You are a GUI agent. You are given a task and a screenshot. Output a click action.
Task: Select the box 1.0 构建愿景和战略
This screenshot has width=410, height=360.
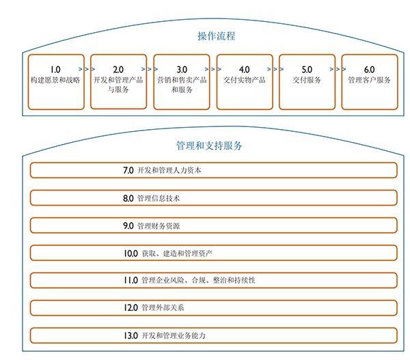(56, 81)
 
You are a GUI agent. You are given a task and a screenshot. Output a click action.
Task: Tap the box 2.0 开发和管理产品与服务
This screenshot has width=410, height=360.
(118, 81)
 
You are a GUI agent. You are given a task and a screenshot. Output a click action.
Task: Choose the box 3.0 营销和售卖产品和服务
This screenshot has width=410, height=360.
(181, 81)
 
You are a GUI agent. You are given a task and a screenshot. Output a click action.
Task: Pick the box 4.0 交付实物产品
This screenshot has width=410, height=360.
(244, 81)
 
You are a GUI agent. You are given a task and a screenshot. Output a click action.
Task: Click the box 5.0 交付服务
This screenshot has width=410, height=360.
(307, 81)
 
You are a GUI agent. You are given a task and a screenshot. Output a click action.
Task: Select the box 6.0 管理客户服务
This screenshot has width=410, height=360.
(369, 81)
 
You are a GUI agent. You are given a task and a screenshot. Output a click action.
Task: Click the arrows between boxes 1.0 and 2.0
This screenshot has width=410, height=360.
(87, 69)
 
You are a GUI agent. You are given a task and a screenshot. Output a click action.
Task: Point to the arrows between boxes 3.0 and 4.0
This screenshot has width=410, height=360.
(213, 69)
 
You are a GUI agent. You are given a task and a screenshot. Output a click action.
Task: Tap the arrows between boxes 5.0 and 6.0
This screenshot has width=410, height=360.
(338, 69)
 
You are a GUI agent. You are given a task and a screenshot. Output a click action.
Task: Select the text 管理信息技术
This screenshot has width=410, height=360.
(159, 199)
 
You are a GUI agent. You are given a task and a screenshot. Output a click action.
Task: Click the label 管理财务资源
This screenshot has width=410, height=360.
(159, 226)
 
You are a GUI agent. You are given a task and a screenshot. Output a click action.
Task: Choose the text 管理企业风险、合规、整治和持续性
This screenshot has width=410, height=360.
(198, 281)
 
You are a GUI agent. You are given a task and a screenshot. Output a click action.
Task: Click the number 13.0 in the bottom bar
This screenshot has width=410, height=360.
(131, 335)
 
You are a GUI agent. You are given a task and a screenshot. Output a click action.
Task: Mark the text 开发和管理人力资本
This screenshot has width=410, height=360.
(169, 171)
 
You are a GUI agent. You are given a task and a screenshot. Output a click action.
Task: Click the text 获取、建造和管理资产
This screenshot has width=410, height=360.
(177, 253)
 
